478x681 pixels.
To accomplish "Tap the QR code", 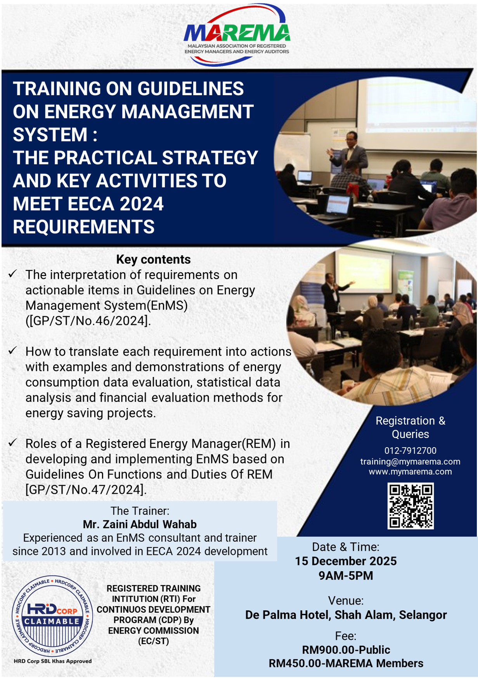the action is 410,506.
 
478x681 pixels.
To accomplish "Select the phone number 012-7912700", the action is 410,450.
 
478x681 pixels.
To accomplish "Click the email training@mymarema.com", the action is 410,461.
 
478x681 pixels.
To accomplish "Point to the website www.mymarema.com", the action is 410,472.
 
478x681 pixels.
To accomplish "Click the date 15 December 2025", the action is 346,561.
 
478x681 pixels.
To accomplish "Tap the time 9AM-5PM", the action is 346,575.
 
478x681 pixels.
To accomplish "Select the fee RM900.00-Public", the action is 346,650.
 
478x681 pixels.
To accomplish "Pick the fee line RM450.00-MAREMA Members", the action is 346,663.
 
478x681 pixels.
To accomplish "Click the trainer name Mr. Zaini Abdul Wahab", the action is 140,525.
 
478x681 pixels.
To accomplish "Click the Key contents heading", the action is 153,259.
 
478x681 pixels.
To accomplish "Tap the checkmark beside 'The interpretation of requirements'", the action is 12,274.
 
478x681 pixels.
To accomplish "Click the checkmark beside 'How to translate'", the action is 12,351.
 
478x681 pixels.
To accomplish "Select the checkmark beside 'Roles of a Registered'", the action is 12,443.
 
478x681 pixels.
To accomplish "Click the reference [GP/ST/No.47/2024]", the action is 86,490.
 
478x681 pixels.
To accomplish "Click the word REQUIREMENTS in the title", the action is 84,227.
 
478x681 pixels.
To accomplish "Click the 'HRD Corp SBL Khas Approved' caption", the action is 53,661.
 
